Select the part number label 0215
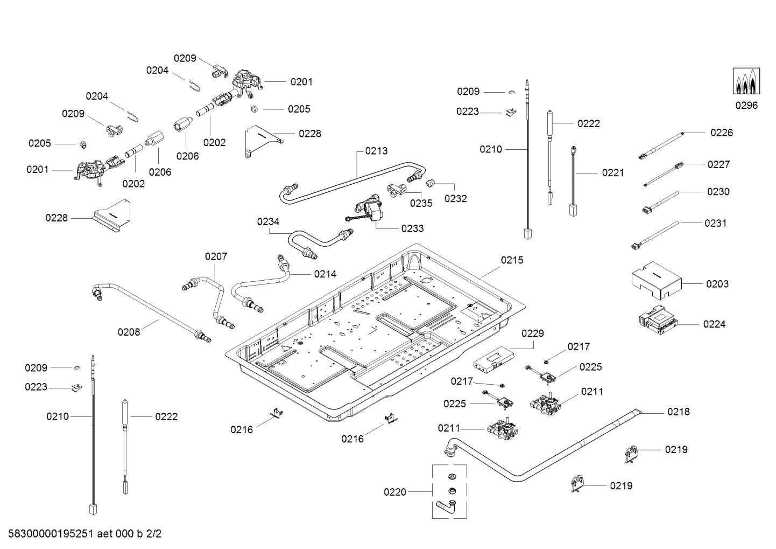click(512, 260)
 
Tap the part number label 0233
click(412, 228)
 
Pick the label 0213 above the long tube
click(376, 151)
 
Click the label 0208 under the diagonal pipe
click(129, 332)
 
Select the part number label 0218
click(678, 412)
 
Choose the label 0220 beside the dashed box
click(395, 492)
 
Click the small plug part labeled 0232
click(431, 183)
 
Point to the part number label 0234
click(268, 221)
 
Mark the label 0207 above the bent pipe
click(216, 256)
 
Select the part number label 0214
click(325, 274)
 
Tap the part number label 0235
click(421, 203)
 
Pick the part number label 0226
click(721, 133)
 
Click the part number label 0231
click(715, 223)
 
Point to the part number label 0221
click(613, 173)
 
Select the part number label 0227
click(718, 164)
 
